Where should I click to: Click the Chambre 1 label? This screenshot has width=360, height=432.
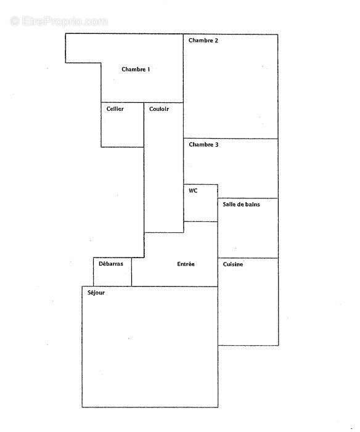(136, 69)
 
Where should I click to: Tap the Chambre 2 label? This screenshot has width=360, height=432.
(203, 41)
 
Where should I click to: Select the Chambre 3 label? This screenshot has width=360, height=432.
(203, 145)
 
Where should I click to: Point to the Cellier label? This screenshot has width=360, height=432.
(115, 109)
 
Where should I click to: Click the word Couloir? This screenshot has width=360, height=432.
(159, 109)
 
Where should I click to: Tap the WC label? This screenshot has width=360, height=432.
(193, 190)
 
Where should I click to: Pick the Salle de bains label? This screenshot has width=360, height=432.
(241, 204)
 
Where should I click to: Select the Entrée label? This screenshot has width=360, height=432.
(186, 264)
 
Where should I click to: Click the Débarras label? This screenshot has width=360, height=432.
(111, 264)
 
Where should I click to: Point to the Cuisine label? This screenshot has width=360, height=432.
(233, 264)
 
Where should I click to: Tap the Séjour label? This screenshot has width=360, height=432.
(96, 293)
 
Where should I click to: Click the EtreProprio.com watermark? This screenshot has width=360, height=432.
(59, 21)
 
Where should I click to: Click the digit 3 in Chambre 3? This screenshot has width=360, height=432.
(216, 145)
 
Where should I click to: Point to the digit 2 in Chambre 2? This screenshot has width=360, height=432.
(216, 41)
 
